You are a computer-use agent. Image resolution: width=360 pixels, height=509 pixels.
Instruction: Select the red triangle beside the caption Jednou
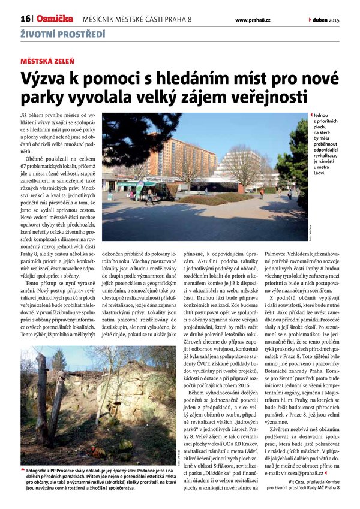311,114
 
